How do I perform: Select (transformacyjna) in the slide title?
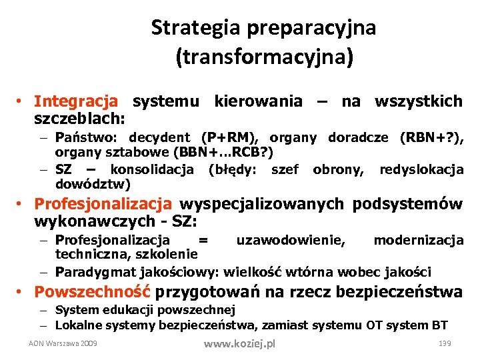(x=263, y=57)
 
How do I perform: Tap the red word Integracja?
(x=76, y=101)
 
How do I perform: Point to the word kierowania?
(x=258, y=101)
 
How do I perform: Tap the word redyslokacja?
(x=421, y=170)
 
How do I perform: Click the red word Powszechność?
(x=93, y=292)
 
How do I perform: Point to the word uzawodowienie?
(x=291, y=240)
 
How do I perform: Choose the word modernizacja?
(x=419, y=240)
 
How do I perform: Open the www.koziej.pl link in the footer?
(x=239, y=344)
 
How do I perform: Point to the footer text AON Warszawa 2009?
(x=63, y=343)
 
